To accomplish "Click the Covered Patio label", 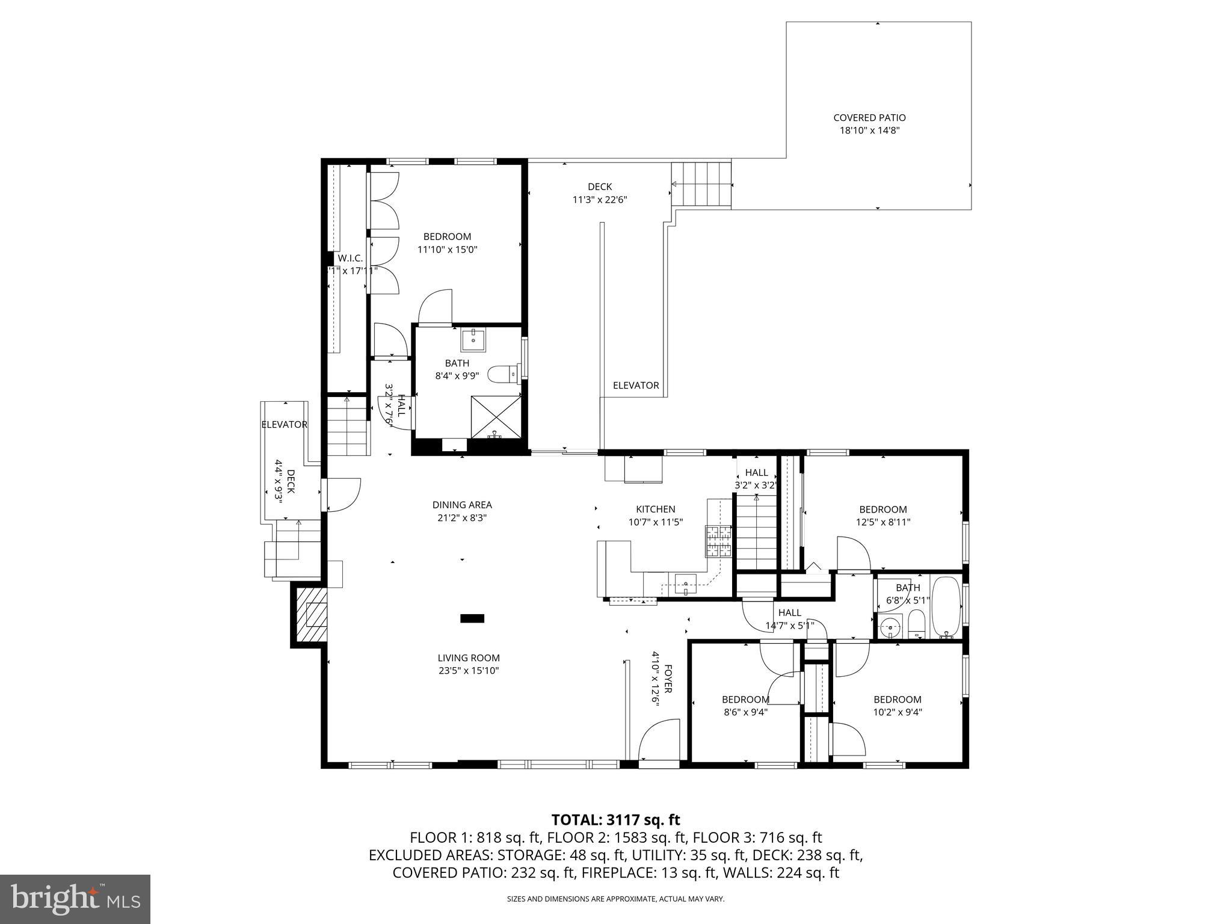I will [x=869, y=118].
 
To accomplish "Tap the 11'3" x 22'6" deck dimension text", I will [x=600, y=200].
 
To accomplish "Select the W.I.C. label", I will [x=350, y=258].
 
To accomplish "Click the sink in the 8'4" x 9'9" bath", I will [x=475, y=339].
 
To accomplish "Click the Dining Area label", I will [x=462, y=505].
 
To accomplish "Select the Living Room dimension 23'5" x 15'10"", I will [x=469, y=671].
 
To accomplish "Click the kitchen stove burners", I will [x=718, y=540].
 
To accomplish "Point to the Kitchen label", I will [x=656, y=509].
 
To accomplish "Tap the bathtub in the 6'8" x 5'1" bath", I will [x=946, y=608].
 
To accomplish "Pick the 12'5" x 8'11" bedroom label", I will [x=882, y=509].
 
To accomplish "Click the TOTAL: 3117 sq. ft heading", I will [x=615, y=819].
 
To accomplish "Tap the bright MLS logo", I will [x=75, y=899].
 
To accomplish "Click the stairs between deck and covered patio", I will [x=702, y=184].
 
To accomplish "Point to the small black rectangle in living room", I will [x=472, y=618].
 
